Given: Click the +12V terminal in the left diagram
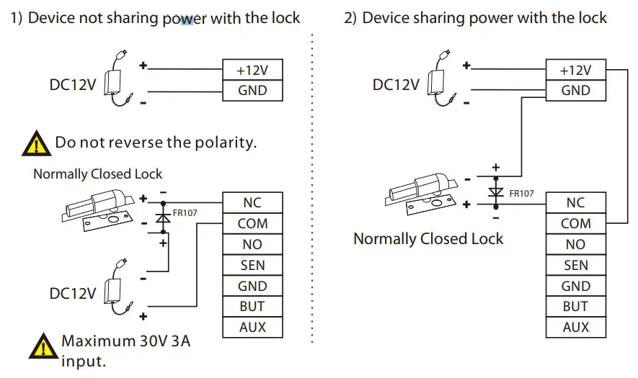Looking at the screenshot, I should pyautogui.click(x=252, y=70).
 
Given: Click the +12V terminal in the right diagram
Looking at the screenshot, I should pyautogui.click(x=575, y=70).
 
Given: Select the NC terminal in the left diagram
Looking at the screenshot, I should pyautogui.click(x=252, y=203).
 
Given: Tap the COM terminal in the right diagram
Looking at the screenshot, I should pyautogui.click(x=575, y=224).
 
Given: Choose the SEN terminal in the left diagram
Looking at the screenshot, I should pyautogui.click(x=252, y=265).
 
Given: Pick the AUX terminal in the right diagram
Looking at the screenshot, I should pyautogui.click(x=575, y=327).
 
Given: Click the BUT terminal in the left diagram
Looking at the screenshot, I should pyautogui.click(x=252, y=306).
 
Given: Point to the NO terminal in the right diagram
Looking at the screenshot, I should pyautogui.click(x=575, y=245).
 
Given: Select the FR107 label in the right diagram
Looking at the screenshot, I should pyautogui.click(x=522, y=193).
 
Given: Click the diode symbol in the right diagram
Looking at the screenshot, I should pyautogui.click(x=495, y=192).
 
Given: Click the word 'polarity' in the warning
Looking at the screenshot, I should pyautogui.click(x=223, y=143).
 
